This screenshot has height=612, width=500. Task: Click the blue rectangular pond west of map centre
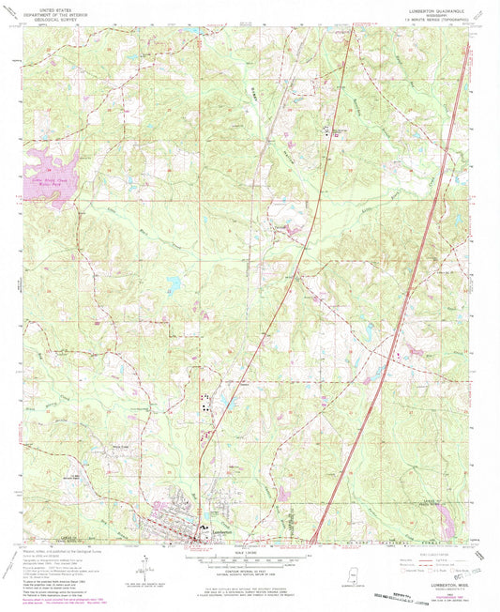(172, 281)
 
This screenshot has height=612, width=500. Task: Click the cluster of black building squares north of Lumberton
(205, 403)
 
